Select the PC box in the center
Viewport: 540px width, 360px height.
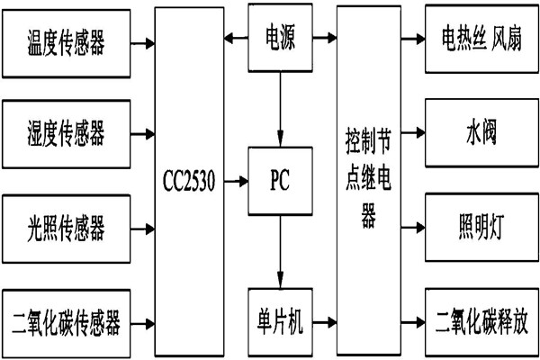tap(280, 180)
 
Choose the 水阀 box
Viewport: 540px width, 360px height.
tap(477, 135)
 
